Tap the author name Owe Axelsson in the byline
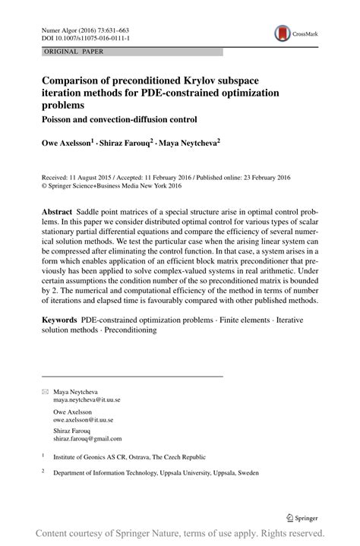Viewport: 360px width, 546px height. pyautogui.click(x=66, y=141)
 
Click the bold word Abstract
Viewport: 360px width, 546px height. pyautogui.click(x=60, y=207)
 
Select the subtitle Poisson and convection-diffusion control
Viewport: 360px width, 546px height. pyautogui.click(x=120, y=119)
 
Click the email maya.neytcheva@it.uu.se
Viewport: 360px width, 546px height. pyautogui.click(x=87, y=399)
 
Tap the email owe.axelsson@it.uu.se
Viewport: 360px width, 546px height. pyautogui.click(x=84, y=418)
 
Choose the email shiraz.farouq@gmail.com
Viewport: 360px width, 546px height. pyautogui.click(x=87, y=438)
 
